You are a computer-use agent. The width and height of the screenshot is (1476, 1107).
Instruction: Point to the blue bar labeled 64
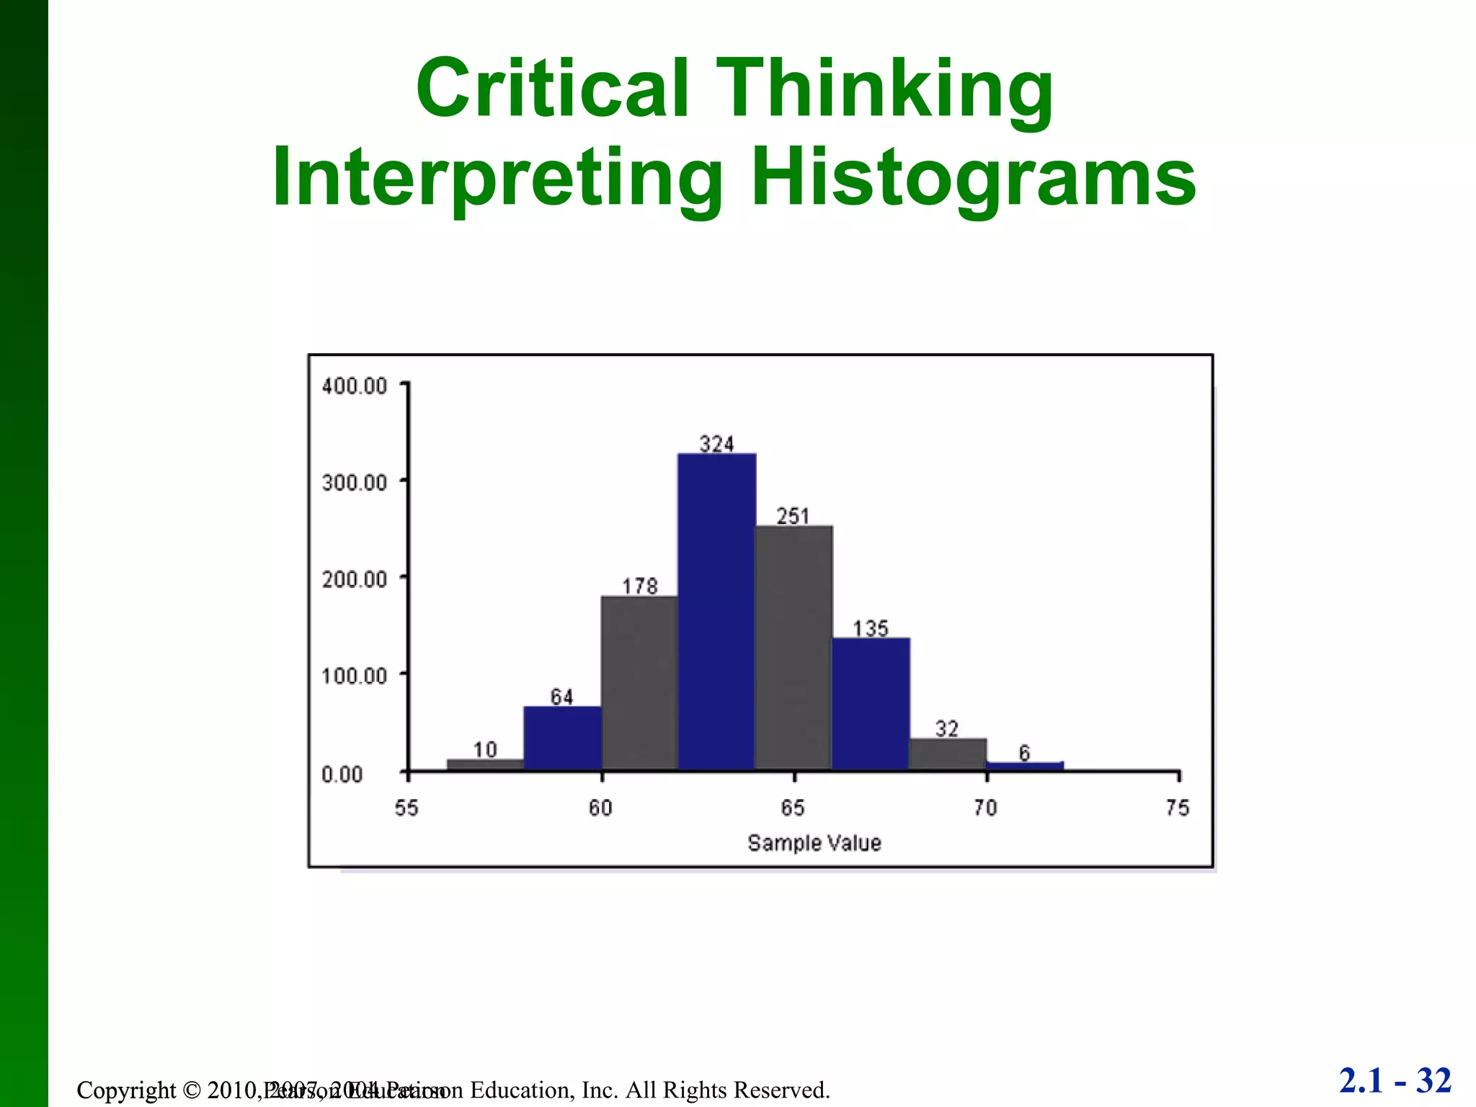click(563, 738)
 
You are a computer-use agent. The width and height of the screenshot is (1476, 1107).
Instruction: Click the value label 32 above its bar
click(947, 729)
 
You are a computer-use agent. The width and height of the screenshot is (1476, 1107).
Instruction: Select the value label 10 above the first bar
click(485, 750)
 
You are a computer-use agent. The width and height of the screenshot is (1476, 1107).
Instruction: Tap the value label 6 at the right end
click(1024, 753)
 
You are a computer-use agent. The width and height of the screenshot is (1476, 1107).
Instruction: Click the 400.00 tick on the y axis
click(355, 386)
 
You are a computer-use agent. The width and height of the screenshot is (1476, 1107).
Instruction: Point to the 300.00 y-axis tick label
click(355, 482)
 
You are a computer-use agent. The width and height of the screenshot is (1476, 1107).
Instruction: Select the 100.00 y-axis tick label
click(355, 676)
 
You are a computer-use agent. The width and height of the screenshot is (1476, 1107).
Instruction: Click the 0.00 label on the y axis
click(342, 775)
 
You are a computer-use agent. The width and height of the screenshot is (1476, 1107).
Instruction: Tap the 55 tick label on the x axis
click(406, 808)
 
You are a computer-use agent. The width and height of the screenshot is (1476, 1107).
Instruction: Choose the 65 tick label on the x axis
click(793, 808)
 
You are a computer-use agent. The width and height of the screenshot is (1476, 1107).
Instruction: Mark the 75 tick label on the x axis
click(1178, 808)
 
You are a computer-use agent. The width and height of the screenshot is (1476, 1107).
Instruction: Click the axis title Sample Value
click(814, 843)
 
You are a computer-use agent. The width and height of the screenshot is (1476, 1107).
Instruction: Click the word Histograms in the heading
click(973, 177)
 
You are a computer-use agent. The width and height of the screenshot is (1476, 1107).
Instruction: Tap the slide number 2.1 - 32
click(1395, 1081)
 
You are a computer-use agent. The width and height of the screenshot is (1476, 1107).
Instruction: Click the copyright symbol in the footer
click(191, 1090)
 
